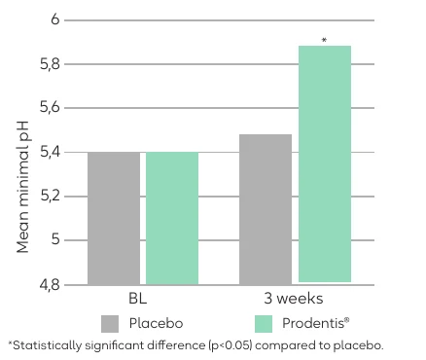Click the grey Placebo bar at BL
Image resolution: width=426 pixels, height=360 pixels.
pyautogui.click(x=114, y=218)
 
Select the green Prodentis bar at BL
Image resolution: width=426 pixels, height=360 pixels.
pyautogui.click(x=172, y=218)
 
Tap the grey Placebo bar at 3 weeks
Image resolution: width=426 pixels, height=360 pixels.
pyautogui.click(x=266, y=209)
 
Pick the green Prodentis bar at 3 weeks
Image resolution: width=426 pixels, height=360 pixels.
pyautogui.click(x=325, y=163)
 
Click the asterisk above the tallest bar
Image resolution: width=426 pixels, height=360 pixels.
pyautogui.click(x=324, y=41)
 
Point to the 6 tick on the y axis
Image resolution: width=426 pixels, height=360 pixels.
pyautogui.click(x=55, y=19)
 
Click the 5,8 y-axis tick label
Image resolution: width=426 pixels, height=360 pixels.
pyautogui.click(x=50, y=64)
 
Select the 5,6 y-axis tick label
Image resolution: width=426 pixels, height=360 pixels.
pyautogui.click(x=50, y=108)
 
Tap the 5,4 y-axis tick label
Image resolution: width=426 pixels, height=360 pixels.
pyautogui.click(x=50, y=152)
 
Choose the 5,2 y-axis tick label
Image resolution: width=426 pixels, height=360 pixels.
pyautogui.click(x=50, y=197)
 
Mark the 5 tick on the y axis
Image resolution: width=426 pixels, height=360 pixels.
pyautogui.click(x=55, y=239)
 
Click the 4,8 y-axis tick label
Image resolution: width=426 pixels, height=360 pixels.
pyautogui.click(x=50, y=285)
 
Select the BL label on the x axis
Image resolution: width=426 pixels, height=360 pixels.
pyautogui.click(x=138, y=299)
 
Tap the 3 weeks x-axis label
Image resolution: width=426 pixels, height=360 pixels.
pyautogui.click(x=294, y=299)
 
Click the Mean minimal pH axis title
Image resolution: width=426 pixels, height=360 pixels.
pyautogui.click(x=22, y=187)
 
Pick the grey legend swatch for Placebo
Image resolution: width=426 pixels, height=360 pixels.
pyautogui.click(x=110, y=324)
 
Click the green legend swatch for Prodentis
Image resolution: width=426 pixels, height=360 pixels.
pyautogui.click(x=264, y=324)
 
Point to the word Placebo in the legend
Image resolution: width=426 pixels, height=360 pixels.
pyautogui.click(x=156, y=323)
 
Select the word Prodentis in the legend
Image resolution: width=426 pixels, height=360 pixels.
pyautogui.click(x=313, y=323)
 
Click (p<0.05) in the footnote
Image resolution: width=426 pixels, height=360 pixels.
pyautogui.click(x=231, y=345)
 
